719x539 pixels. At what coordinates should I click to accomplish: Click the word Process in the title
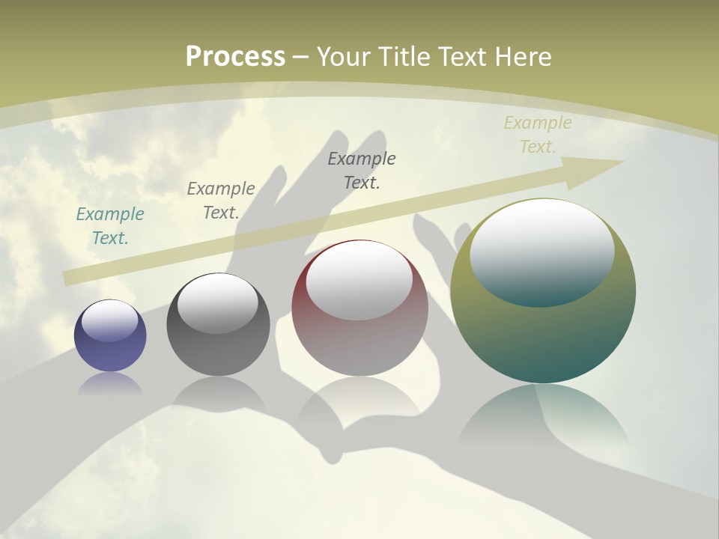click(x=235, y=57)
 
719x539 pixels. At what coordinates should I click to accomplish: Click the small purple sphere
click(x=110, y=346)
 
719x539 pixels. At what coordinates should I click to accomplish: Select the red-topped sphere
click(x=359, y=344)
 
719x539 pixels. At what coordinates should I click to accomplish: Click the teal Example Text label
click(x=110, y=226)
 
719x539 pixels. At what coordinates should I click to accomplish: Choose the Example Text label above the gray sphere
click(x=221, y=201)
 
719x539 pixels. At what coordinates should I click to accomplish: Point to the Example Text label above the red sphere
click(x=362, y=170)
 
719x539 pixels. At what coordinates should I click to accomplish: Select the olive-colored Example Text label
click(x=538, y=135)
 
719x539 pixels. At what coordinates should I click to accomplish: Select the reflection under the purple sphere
click(x=110, y=383)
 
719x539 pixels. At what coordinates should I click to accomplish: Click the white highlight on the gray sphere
click(x=218, y=303)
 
